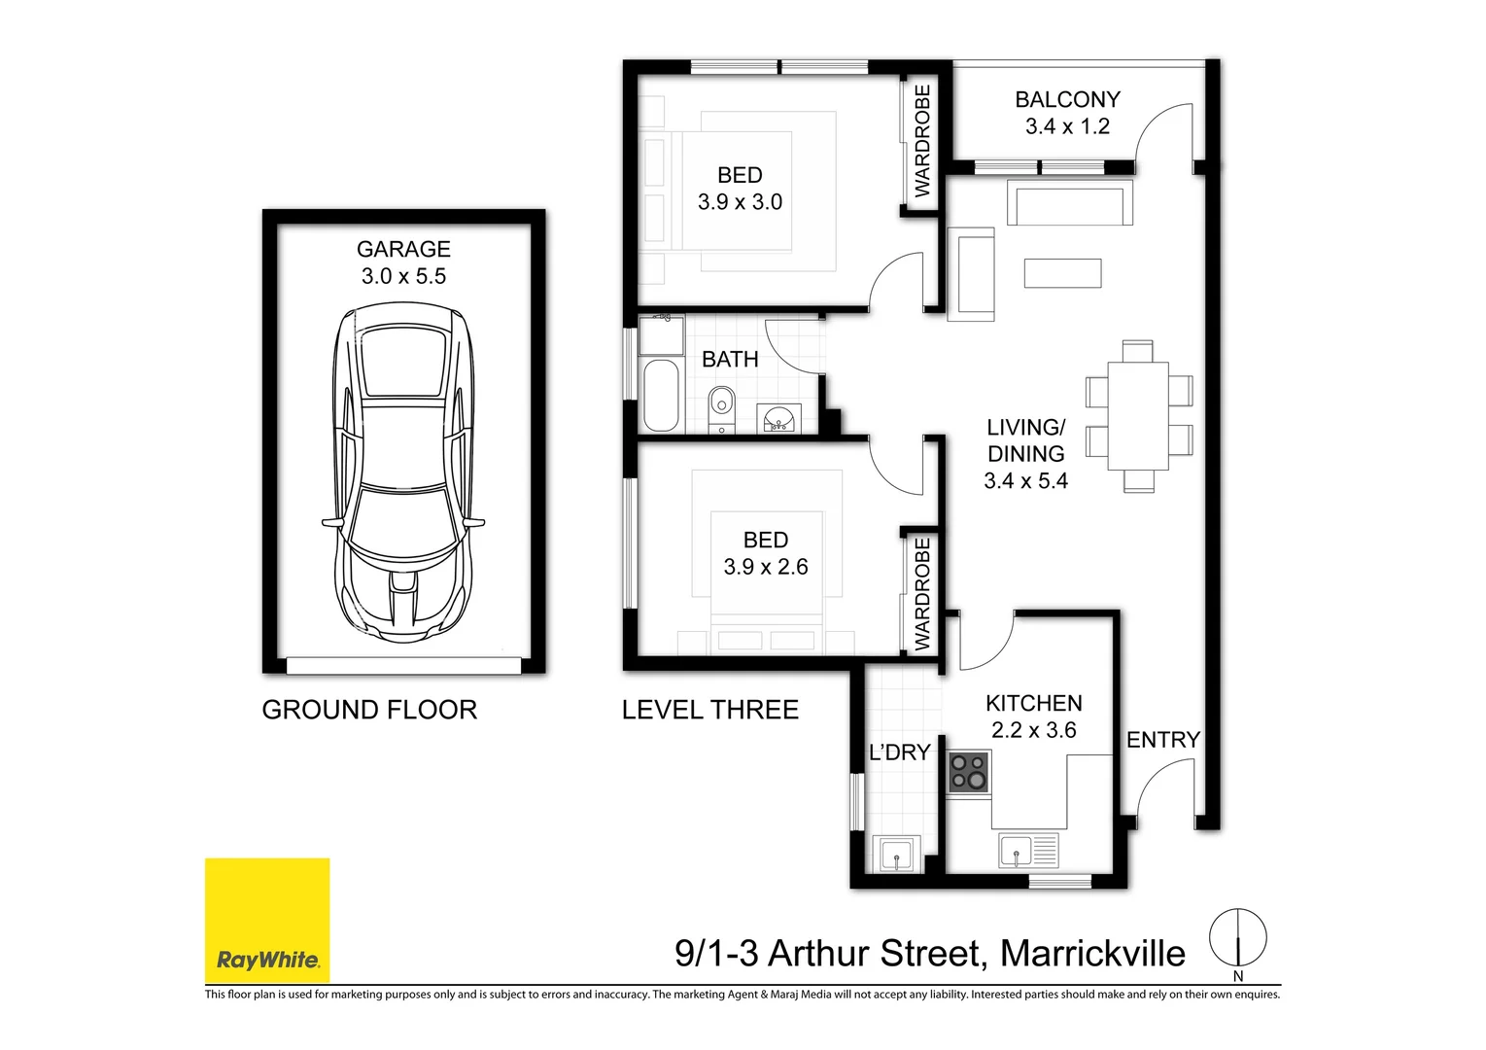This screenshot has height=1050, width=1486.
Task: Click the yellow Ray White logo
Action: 267,920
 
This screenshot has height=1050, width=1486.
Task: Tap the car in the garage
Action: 403,472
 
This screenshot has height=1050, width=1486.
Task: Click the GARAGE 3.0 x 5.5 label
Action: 403,262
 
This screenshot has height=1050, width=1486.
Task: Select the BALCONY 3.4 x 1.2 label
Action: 1067,113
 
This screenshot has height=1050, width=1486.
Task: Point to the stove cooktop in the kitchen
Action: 969,772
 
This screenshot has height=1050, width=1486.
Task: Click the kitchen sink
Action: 1017,852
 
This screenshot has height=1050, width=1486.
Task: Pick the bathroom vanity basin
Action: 778,419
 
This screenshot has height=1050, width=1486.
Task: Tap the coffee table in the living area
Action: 1062,273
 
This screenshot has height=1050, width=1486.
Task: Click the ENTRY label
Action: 1162,740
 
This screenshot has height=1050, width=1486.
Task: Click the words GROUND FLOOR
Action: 369,710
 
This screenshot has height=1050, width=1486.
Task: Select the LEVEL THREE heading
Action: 709,710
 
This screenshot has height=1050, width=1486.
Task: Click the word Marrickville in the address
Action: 1092,954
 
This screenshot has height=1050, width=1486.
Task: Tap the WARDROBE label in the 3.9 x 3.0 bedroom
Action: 922,140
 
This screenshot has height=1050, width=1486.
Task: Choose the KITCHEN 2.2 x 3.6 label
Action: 1033,717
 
